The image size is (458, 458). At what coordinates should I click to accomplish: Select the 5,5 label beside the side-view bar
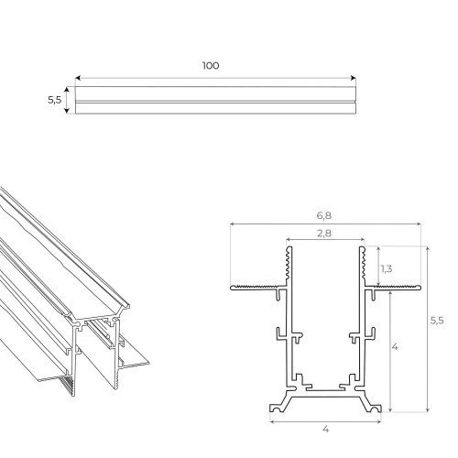[54, 101]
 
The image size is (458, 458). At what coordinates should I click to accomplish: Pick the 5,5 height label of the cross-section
[439, 321]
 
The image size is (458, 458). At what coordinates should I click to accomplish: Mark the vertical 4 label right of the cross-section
[395, 348]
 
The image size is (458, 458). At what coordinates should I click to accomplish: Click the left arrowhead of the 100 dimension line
[78, 78]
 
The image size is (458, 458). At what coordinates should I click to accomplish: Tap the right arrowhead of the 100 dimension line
[352, 78]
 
